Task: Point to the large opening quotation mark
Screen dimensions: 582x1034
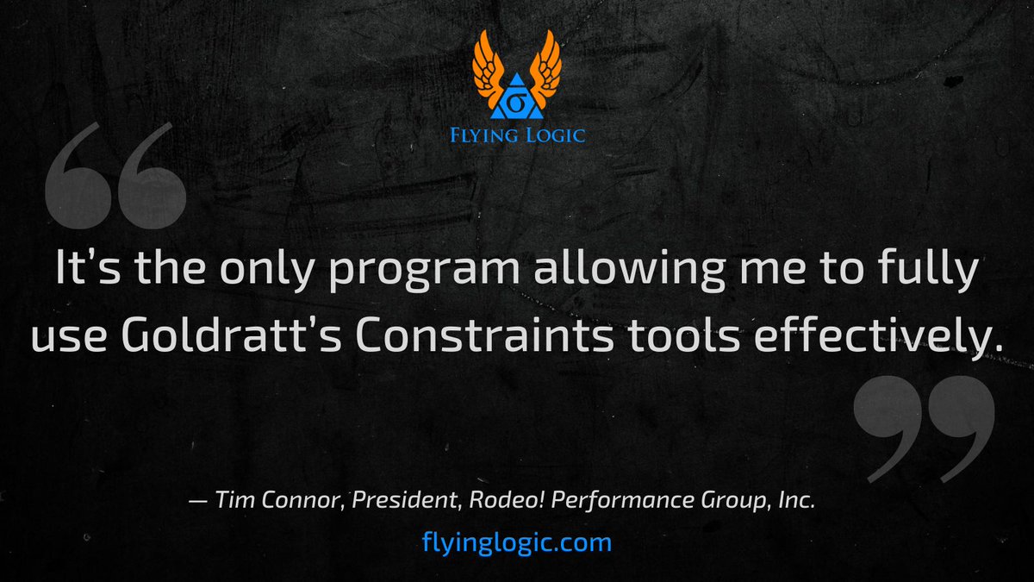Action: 114,177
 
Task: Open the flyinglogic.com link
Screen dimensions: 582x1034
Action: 517,542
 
